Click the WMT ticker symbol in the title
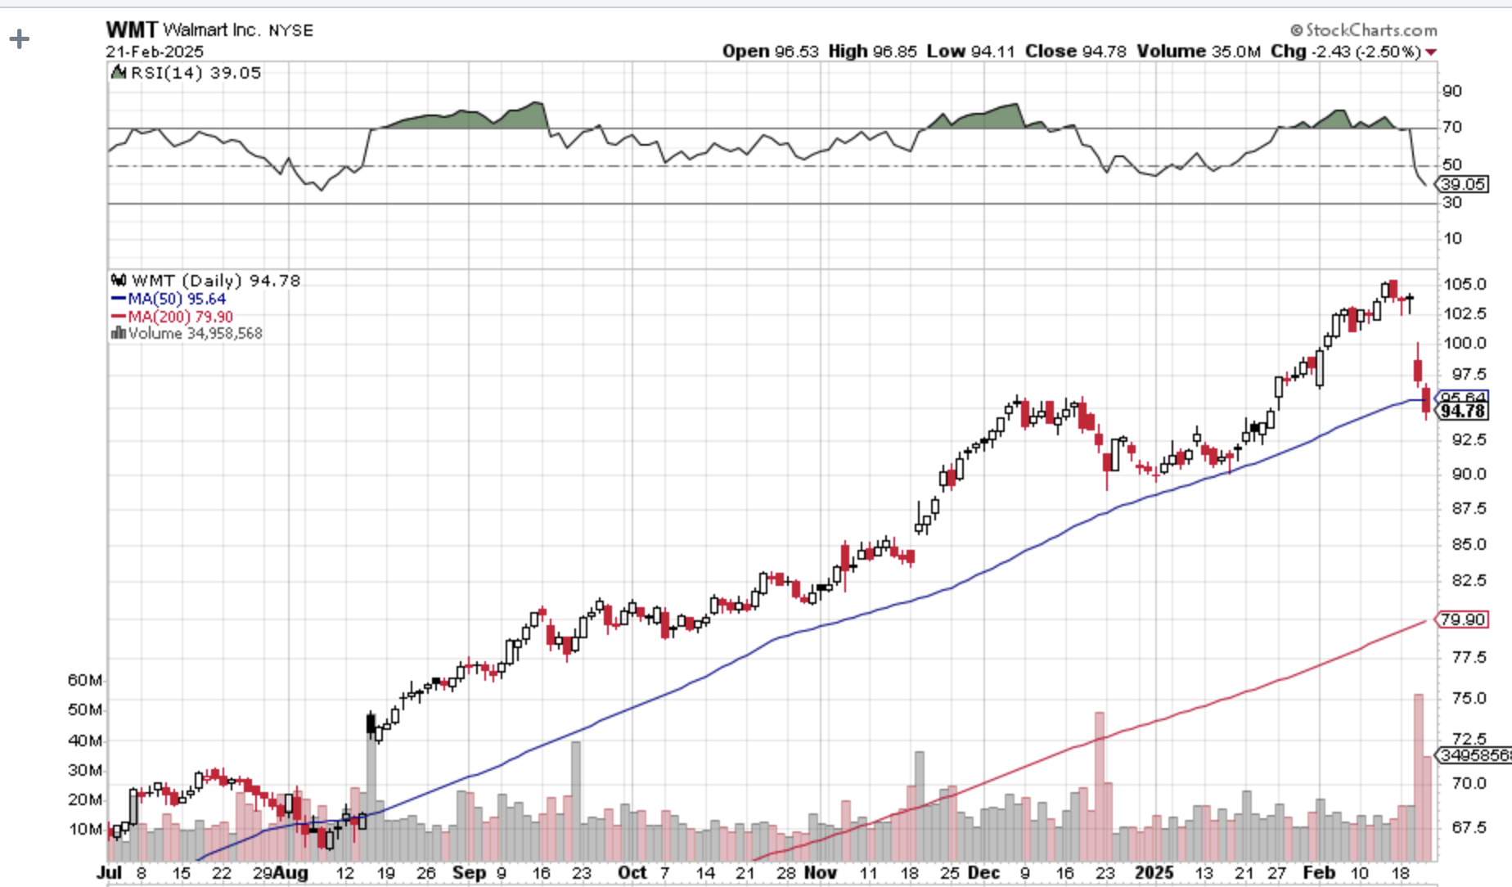[x=131, y=30]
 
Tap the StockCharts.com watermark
[x=1364, y=30]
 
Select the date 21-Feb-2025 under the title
[x=154, y=52]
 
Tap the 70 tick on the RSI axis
[x=1452, y=128]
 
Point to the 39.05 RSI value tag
[x=1463, y=185]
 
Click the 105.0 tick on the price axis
[x=1465, y=284]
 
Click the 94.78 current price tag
[x=1463, y=411]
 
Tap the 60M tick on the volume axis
[x=85, y=681]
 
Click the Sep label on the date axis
[x=469, y=873]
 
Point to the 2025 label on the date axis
[x=1154, y=873]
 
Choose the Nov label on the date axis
[x=820, y=873]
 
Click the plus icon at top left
[x=19, y=38]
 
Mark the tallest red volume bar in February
[x=1418, y=777]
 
